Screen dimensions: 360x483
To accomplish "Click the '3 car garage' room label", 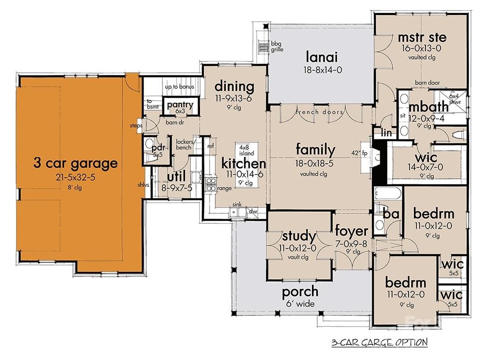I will tap(75, 163).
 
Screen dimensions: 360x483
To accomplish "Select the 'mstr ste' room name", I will tap(422, 38).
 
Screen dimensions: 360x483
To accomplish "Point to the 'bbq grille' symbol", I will tap(264, 47).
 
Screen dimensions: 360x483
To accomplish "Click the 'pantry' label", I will tap(180, 105).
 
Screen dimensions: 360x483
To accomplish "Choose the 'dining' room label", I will tap(234, 87).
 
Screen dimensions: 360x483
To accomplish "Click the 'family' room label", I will tap(315, 150).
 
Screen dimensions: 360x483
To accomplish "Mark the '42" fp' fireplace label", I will tap(360, 153).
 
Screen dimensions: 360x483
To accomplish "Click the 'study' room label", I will tap(298, 236).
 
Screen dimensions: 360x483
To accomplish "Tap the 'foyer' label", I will tap(351, 232).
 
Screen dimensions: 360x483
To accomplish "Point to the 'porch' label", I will tap(300, 291).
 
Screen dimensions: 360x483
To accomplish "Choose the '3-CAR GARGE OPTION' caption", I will tap(379, 343).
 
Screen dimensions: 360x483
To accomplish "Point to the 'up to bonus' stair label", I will tap(180, 87).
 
